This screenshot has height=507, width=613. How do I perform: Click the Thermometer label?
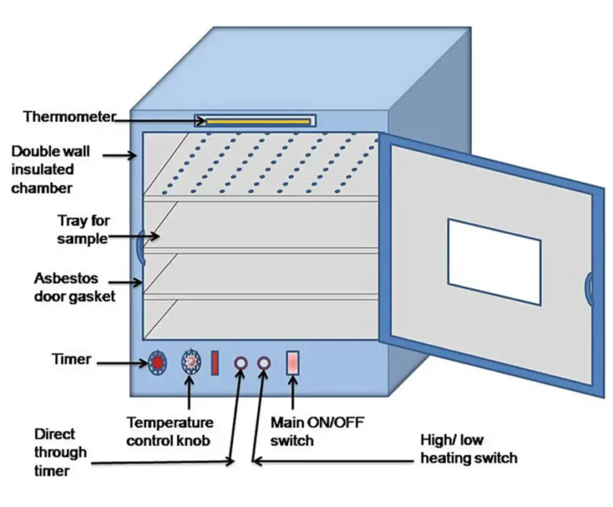click(x=69, y=117)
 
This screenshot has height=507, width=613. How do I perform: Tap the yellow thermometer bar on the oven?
click(x=258, y=121)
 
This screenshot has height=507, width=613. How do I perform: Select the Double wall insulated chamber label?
click(x=50, y=169)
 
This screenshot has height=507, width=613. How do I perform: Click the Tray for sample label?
click(x=83, y=229)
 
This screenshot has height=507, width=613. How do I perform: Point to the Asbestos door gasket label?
click(x=74, y=287)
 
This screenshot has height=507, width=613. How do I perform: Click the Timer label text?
click(x=72, y=359)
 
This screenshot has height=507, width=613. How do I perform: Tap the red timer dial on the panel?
click(x=157, y=362)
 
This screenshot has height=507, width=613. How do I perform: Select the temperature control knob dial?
click(x=192, y=362)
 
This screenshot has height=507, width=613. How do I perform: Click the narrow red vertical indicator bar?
click(x=215, y=363)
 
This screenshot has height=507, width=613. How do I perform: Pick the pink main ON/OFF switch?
click(x=293, y=363)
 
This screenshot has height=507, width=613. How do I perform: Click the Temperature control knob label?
click(x=170, y=431)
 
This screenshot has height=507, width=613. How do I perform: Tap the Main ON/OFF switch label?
click(x=317, y=431)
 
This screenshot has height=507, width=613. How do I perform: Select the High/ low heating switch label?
click(x=469, y=449)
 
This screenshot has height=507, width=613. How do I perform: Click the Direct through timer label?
click(x=60, y=452)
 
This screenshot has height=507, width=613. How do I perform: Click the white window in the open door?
click(x=495, y=262)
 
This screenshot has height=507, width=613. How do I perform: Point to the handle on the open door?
click(x=588, y=289)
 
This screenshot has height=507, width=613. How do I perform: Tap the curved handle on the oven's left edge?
click(x=140, y=247)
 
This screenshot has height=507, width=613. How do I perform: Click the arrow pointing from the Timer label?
click(x=122, y=363)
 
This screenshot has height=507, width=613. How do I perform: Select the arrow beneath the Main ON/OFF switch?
click(x=293, y=392)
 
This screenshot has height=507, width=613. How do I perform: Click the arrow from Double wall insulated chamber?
click(x=120, y=156)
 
